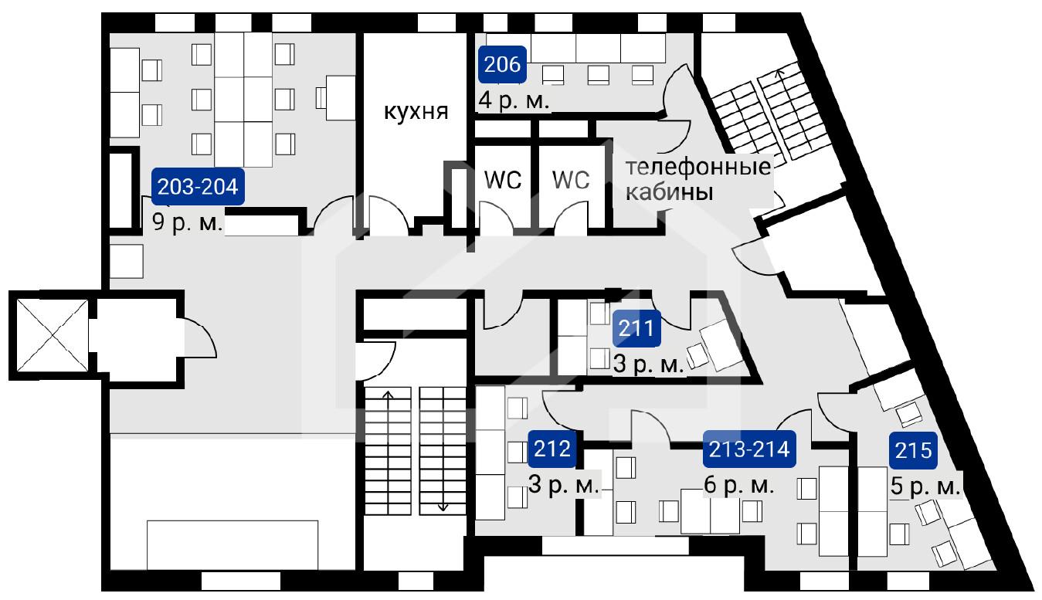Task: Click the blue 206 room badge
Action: point(502,65)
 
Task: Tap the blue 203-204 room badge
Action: point(199,187)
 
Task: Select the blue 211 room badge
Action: point(636,328)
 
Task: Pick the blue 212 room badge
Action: point(552,449)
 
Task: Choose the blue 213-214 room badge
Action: point(749,449)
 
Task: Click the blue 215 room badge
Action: point(914,450)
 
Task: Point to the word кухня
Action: point(416,112)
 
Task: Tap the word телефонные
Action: point(697,167)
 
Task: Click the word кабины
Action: point(670,192)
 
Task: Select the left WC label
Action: point(503,179)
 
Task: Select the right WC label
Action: point(571,179)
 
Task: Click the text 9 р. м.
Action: point(187,223)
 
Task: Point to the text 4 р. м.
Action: point(514,100)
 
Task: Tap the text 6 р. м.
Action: point(738,485)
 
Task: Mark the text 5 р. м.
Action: point(925,486)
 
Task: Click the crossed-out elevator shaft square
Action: point(52,335)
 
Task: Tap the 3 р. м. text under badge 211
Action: point(649,364)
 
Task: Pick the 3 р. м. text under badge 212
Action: point(563,485)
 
